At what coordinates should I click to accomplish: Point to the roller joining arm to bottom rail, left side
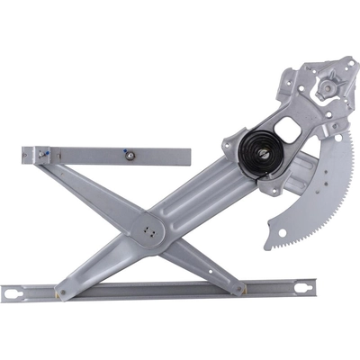[x=60, y=292]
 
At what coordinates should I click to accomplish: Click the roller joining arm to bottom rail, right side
[x=240, y=289]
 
